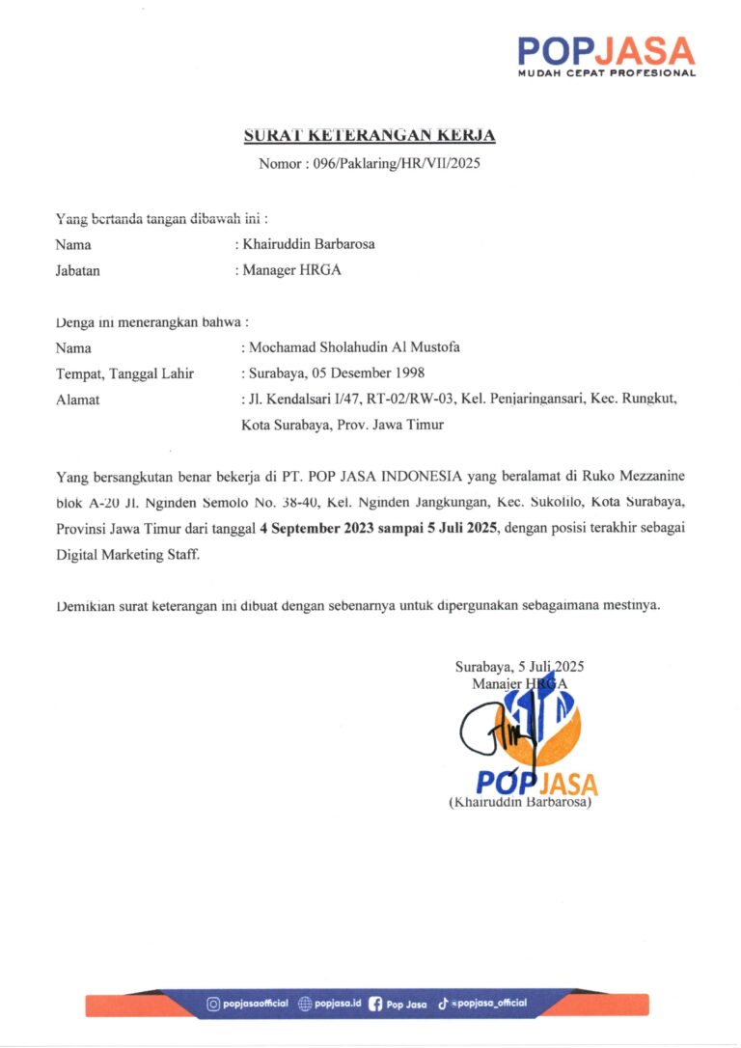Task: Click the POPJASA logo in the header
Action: coord(606,50)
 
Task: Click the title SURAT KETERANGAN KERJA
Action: coord(370,136)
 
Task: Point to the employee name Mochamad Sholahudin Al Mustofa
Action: coord(354,347)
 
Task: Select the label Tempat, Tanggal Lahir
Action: coord(124,373)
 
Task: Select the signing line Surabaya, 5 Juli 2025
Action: coord(519,666)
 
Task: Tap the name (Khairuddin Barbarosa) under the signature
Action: coord(519,802)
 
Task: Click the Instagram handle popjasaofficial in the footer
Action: coord(255,1004)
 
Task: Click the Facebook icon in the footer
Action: coord(375,1004)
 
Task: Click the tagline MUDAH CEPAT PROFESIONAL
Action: coord(606,73)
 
